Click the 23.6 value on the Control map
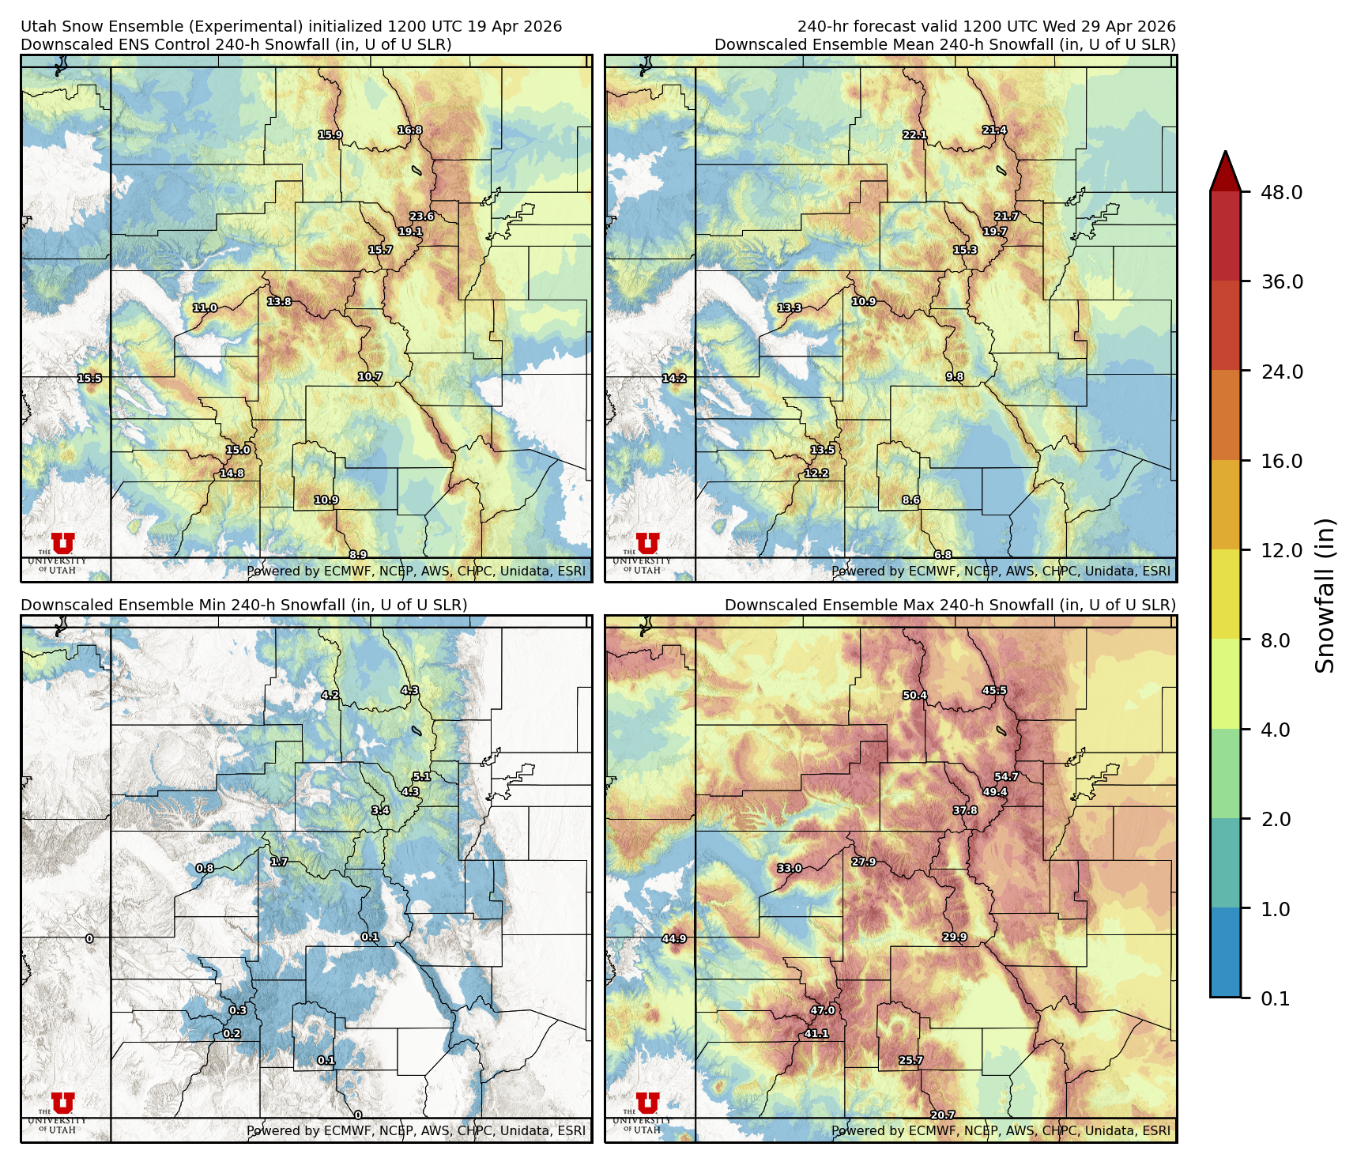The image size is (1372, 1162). point(421,217)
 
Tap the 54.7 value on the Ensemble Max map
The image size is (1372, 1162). point(1006,777)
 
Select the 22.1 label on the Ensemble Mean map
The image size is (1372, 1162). point(914,135)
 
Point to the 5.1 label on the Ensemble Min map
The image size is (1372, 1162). point(421,777)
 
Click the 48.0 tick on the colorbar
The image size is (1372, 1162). point(1281,192)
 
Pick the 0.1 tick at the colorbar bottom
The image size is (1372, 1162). point(1275,998)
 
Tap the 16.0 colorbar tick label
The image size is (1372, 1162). point(1281,461)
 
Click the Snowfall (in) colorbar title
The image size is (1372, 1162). point(1325,595)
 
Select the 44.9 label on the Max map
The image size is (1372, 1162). point(674,939)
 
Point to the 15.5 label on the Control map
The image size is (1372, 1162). point(89,379)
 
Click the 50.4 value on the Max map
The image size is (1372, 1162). point(914,696)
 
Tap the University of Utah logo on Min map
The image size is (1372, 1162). point(62,1110)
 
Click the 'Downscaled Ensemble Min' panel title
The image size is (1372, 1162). point(243,605)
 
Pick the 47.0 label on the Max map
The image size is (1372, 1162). point(823,1010)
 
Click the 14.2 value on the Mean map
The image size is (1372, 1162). point(674,379)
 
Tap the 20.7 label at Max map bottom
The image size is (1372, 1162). point(942,1115)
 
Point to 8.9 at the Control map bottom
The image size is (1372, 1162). point(357,555)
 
